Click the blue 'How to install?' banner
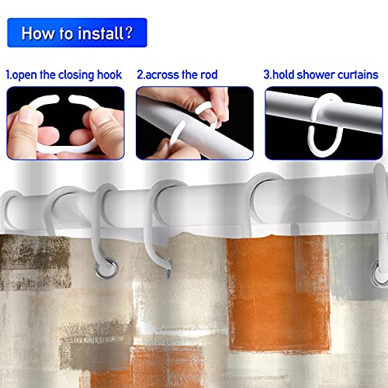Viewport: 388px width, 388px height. coord(77,33)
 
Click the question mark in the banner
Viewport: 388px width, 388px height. coord(129,33)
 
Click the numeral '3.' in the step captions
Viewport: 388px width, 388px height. coord(268,74)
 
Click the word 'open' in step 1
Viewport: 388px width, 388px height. coord(25,75)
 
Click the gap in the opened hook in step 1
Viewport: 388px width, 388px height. coord(64,99)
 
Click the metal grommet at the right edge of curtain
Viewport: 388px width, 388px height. coord(379,272)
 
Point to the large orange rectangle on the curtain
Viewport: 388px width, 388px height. coord(278,293)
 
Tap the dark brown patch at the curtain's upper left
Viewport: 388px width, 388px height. coord(35,262)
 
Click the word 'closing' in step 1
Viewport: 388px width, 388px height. coord(76,75)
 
